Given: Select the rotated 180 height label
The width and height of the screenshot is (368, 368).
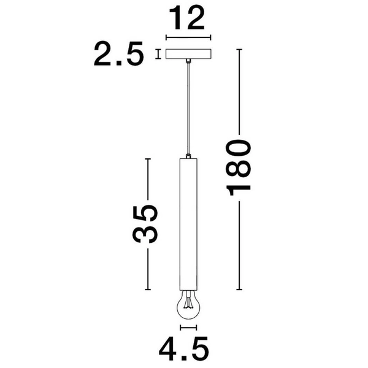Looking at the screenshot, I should pyautogui.click(x=239, y=167).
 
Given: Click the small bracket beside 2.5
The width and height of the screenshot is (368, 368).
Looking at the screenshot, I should pyautogui.click(x=158, y=54).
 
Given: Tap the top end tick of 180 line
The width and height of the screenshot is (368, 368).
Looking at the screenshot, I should pyautogui.click(x=239, y=48).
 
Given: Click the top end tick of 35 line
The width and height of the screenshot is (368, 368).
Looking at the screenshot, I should pyautogui.click(x=148, y=159).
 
